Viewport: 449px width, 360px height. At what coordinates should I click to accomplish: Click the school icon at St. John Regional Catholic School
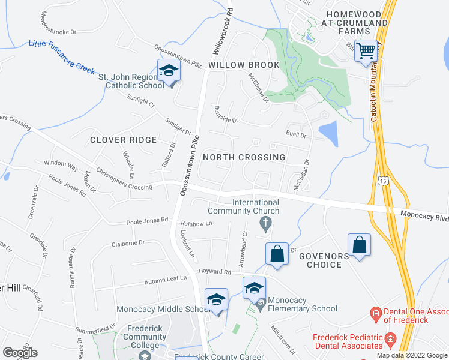click(x=169, y=72)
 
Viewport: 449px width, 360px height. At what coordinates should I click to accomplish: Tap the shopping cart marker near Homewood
click(x=366, y=51)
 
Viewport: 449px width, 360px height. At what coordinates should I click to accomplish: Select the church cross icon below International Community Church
click(x=265, y=224)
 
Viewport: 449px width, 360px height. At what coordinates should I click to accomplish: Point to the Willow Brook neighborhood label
click(x=244, y=65)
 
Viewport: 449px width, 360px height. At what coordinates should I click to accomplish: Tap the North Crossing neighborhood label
click(x=244, y=157)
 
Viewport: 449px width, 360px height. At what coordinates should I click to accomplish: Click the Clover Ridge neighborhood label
click(x=123, y=140)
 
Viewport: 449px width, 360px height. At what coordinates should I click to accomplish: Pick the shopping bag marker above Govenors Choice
click(x=359, y=246)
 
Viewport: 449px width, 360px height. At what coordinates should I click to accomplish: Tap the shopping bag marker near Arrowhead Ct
click(x=277, y=253)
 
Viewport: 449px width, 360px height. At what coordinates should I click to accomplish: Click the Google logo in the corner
click(x=20, y=353)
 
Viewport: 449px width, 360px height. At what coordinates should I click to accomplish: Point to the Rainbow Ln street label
click(x=197, y=223)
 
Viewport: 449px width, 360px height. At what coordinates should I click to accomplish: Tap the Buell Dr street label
click(x=296, y=135)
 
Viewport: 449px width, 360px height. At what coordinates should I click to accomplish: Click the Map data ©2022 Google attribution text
click(x=411, y=355)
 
